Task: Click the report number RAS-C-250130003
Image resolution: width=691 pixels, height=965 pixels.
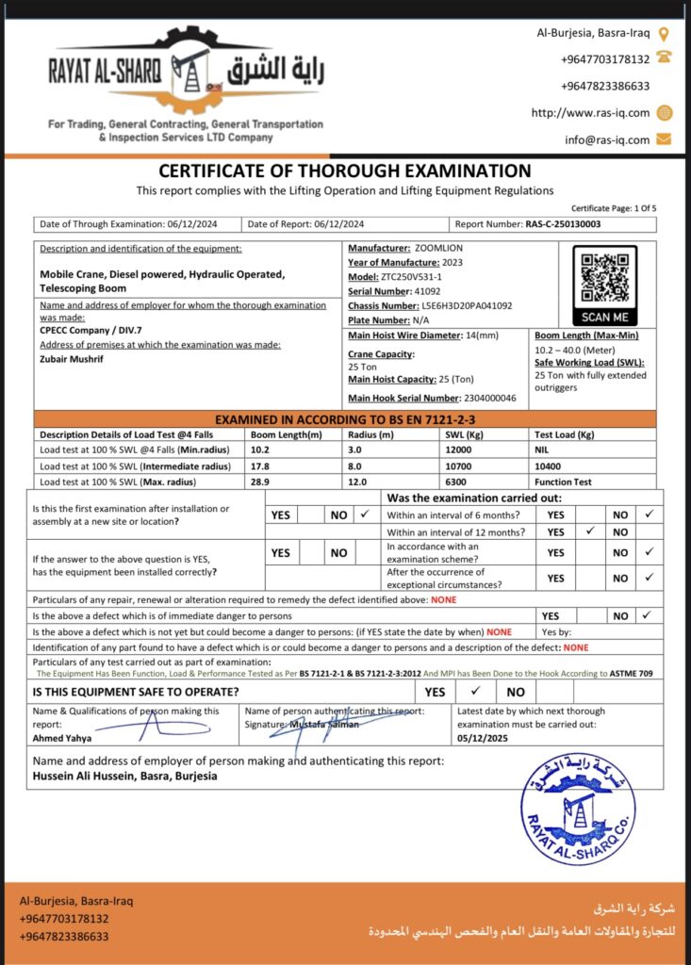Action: click(x=563, y=224)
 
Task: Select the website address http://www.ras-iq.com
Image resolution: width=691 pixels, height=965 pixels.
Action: click(x=591, y=113)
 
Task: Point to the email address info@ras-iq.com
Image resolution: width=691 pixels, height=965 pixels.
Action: click(x=607, y=139)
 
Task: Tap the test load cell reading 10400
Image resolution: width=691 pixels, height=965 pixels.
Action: click(x=551, y=466)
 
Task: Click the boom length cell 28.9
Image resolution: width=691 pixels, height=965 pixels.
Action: click(x=260, y=482)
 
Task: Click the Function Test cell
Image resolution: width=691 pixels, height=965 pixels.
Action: click(x=564, y=482)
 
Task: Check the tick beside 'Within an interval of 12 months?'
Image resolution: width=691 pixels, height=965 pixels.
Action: click(x=587, y=532)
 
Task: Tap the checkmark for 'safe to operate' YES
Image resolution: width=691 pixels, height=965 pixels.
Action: click(x=475, y=691)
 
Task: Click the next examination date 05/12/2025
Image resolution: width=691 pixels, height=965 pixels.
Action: click(x=483, y=738)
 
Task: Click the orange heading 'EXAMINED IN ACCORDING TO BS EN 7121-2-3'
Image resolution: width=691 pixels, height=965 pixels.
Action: click(x=344, y=419)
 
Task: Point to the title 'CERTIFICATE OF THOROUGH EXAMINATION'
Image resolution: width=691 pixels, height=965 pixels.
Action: click(x=344, y=171)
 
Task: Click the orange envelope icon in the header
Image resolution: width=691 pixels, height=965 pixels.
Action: click(x=664, y=139)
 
